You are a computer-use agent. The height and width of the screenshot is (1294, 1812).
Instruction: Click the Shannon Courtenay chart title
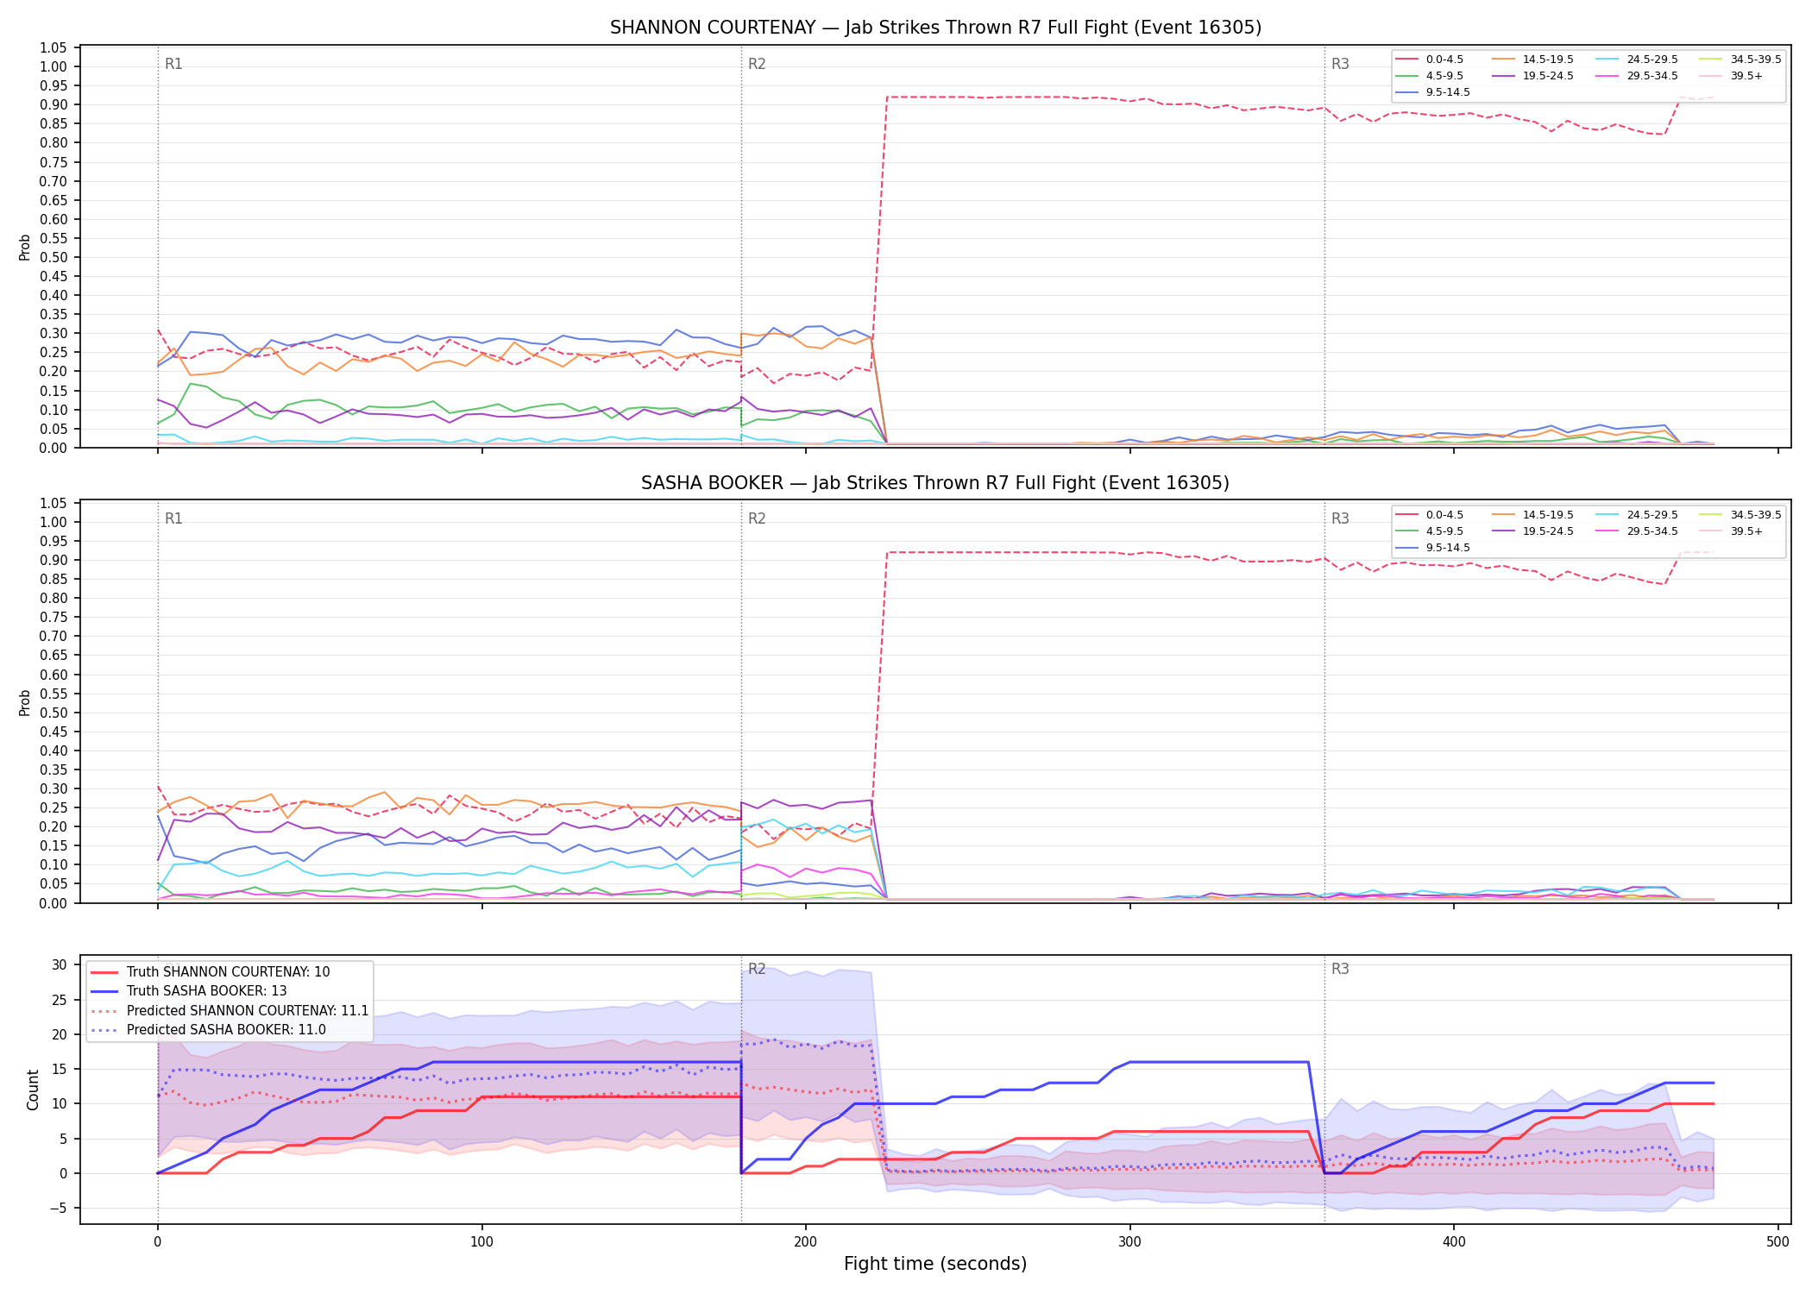935,28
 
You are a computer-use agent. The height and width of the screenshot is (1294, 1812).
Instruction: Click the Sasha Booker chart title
935,483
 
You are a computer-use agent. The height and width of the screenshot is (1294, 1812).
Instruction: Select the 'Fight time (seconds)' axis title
935,1264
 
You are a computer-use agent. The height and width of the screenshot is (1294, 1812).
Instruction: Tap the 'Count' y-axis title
33,1090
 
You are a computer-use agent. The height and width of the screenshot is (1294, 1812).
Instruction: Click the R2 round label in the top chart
757,64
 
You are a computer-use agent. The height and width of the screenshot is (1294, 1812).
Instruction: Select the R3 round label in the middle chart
1340,518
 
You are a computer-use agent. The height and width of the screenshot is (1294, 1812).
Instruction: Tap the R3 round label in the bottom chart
1340,969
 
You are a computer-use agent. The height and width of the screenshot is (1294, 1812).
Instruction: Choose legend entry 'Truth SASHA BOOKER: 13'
206,991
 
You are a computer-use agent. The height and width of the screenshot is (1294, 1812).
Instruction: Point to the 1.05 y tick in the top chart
53,47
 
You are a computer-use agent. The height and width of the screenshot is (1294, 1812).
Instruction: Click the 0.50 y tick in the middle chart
53,713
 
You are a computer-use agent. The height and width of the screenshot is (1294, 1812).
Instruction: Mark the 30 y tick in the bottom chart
60,964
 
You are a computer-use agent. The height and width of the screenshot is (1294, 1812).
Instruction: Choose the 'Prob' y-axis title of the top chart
25,248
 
